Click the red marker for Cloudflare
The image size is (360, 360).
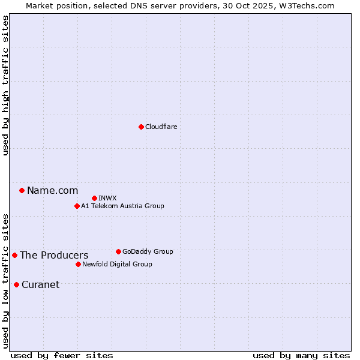coord(141,127)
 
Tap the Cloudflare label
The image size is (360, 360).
coord(161,127)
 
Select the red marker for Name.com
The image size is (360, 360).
coord(22,191)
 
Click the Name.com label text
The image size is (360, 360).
coord(52,191)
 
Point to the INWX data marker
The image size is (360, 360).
coord(94,198)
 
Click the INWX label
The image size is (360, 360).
coord(107,199)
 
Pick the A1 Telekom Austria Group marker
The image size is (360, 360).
coord(77,206)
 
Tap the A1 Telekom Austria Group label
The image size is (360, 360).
coord(122,206)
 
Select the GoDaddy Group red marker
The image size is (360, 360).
coord(118,251)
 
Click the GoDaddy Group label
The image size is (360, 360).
coord(147,252)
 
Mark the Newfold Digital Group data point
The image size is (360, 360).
coord(78,264)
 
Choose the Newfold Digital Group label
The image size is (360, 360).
coord(117,265)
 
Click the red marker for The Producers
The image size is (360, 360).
coord(14,255)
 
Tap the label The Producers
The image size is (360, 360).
coord(54,256)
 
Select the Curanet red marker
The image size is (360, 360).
coord(16,284)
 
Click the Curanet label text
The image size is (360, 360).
coord(40,285)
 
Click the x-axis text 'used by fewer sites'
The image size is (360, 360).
coord(62,355)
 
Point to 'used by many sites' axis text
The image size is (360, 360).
coord(301,355)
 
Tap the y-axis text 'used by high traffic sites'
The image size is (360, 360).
coord(5,85)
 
